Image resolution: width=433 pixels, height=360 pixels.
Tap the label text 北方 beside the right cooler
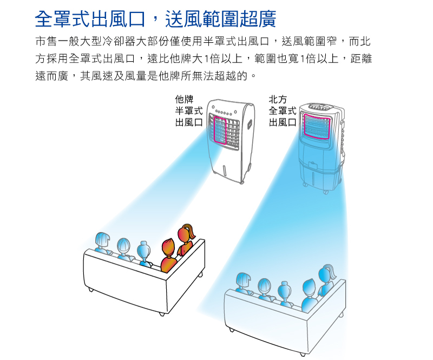pyautogui.click(x=278, y=100)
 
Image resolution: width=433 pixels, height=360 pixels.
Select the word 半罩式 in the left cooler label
pyautogui.click(x=188, y=111)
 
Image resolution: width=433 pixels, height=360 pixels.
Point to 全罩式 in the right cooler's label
pyautogui.click(x=283, y=111)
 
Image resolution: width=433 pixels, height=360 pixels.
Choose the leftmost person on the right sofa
pyautogui.click(x=243, y=283)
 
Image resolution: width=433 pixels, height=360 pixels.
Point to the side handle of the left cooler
pyautogui.click(x=250, y=123)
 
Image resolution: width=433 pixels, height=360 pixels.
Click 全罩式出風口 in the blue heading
pyautogui.click(x=90, y=19)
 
